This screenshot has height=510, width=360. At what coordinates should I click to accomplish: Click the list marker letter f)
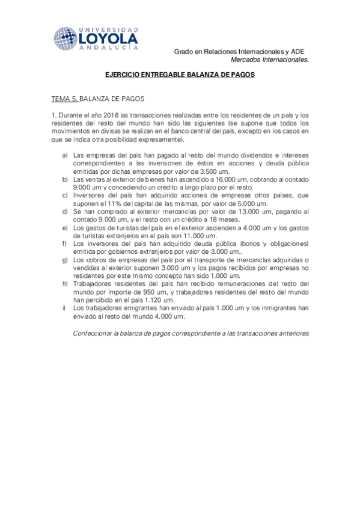(64, 244)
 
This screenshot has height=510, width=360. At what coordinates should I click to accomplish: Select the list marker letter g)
(64, 260)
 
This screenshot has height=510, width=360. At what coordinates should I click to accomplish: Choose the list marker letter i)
(64, 308)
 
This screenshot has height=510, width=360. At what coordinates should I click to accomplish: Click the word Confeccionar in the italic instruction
(93, 332)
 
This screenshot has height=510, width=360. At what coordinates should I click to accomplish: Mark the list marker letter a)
(64, 155)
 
